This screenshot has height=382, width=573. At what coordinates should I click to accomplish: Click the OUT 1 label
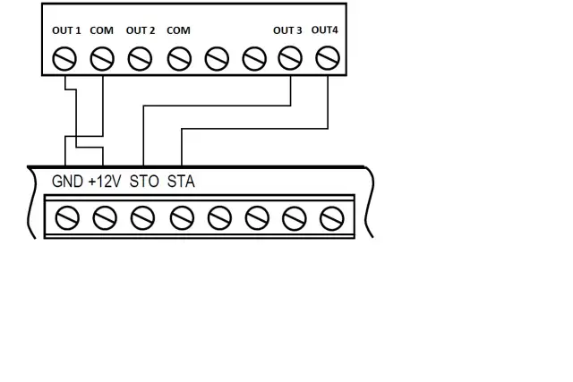(66, 30)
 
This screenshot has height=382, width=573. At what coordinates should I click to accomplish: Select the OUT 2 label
(141, 30)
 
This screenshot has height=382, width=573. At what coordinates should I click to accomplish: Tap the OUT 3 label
(287, 30)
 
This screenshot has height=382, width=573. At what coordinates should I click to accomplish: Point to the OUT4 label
(325, 30)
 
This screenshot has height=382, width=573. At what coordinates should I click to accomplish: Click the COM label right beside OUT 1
(102, 30)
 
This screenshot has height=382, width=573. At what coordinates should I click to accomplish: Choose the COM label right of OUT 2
(178, 30)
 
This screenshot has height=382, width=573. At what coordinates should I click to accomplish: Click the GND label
(67, 181)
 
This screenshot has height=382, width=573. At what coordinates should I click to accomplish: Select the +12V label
(104, 181)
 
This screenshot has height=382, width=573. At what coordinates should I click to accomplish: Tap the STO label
(144, 181)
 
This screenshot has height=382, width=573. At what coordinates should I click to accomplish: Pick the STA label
(181, 181)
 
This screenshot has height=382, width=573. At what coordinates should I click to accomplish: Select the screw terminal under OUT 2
(141, 59)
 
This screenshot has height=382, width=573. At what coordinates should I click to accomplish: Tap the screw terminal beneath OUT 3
(290, 59)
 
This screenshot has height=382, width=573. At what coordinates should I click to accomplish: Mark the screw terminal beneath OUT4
(329, 59)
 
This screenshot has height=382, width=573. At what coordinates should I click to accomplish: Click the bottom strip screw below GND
(67, 216)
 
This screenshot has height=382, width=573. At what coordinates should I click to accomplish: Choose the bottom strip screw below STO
(142, 216)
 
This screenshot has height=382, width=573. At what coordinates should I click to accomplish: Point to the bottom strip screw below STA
(182, 216)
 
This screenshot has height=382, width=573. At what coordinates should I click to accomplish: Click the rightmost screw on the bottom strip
(331, 216)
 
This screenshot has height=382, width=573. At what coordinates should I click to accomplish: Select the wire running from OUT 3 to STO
(215, 105)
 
